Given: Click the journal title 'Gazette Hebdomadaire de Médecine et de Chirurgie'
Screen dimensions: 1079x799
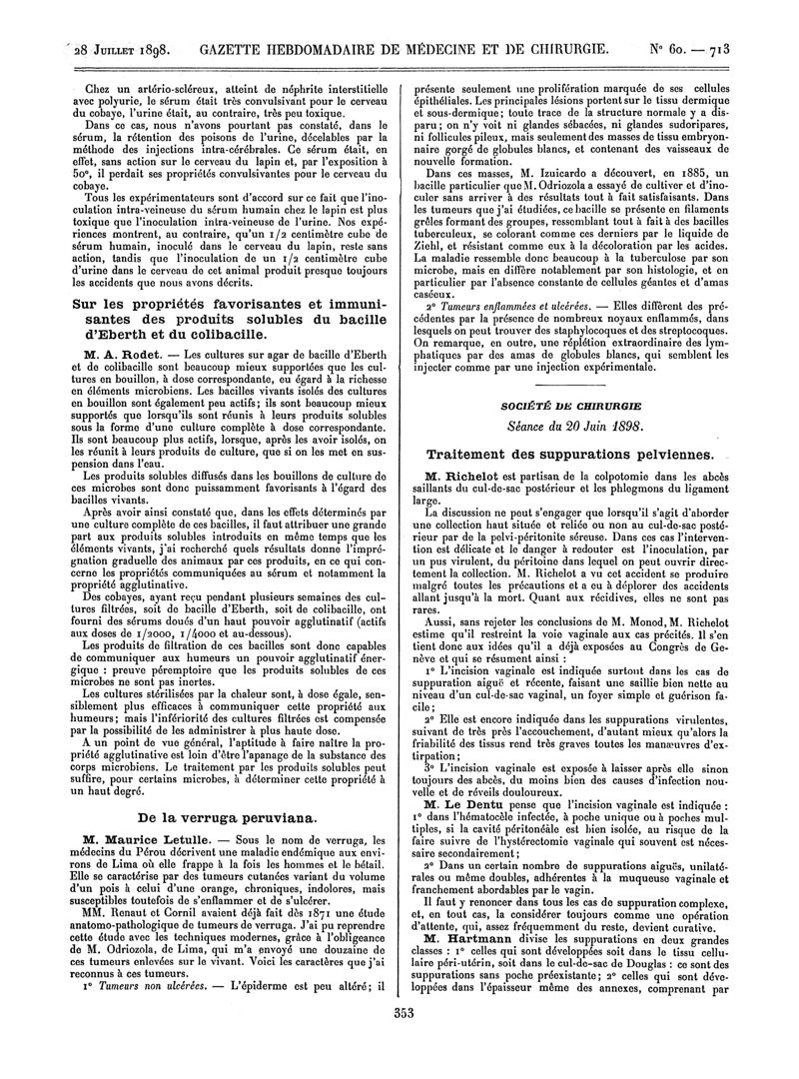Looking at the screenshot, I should coord(419,48).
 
